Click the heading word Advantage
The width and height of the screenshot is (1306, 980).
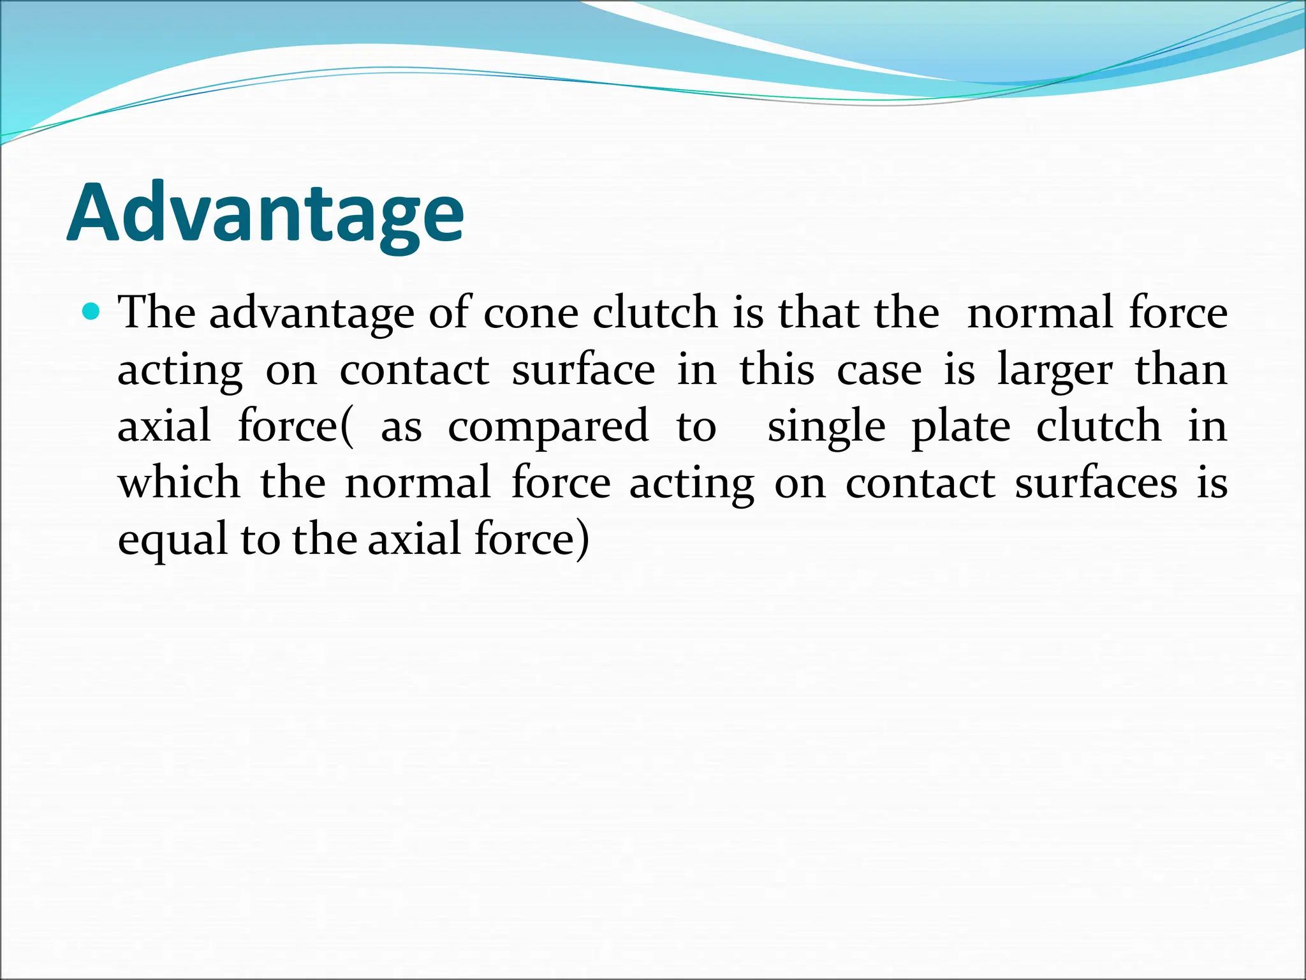pyautogui.click(x=265, y=213)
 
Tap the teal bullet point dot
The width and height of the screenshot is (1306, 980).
pyautogui.click(x=92, y=312)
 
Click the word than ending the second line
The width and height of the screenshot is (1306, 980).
pyautogui.click(x=1181, y=369)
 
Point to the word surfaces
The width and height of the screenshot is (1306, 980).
pyautogui.click(x=1096, y=484)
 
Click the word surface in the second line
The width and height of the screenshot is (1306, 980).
pyautogui.click(x=583, y=370)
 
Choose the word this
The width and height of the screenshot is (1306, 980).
pyautogui.click(x=777, y=370)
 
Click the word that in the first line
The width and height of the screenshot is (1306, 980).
pyautogui.click(x=819, y=313)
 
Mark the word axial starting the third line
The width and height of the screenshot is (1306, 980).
pyautogui.click(x=164, y=426)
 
